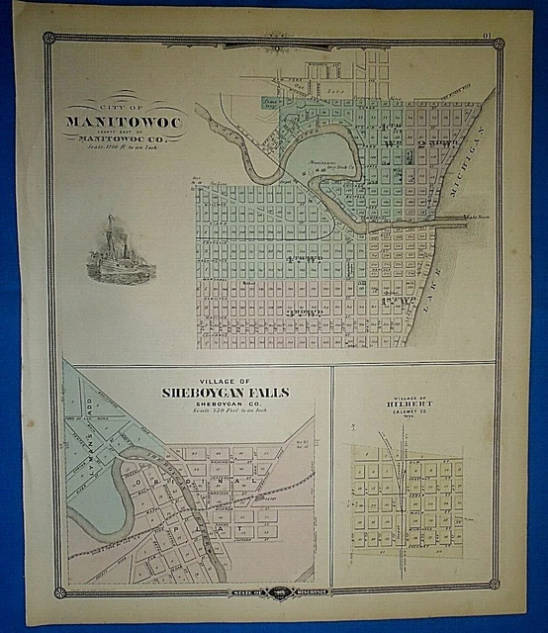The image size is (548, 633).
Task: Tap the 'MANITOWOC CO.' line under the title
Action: tap(123, 137)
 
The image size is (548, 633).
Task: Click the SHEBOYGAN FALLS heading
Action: tap(226, 393)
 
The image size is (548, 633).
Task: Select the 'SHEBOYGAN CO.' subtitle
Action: tap(226, 405)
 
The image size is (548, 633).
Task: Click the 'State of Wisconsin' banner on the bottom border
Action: tap(279, 591)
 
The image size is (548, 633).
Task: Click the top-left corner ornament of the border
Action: tap(48, 38)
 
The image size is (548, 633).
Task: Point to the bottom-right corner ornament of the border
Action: tap(498, 591)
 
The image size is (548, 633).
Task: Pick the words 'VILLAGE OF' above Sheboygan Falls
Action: tap(226, 382)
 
